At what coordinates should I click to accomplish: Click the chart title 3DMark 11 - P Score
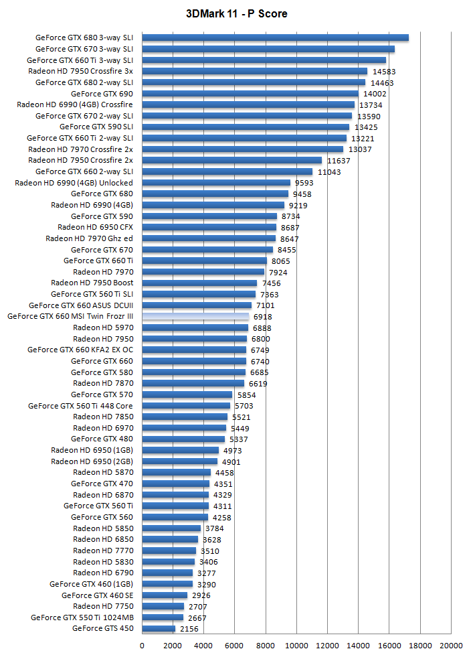(237, 13)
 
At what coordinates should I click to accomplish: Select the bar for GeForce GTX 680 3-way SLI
(275, 38)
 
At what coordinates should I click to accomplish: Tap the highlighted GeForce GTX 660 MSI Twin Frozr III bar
(195, 316)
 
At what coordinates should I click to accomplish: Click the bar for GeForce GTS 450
(159, 628)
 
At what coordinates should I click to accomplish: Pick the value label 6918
(262, 317)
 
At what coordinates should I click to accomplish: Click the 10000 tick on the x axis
(296, 646)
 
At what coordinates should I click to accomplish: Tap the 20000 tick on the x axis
(451, 646)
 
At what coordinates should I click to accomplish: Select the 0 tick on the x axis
(142, 646)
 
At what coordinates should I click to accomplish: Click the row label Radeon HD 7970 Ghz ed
(89, 238)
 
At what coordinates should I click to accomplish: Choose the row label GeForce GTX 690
(102, 94)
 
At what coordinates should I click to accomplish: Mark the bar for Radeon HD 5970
(195, 327)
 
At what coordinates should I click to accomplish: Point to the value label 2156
(189, 629)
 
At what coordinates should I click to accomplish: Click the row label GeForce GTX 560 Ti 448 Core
(80, 406)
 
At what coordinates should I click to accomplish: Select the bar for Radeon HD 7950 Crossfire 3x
(254, 71)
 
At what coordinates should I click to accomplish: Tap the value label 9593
(304, 183)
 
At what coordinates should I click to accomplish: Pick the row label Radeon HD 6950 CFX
(95, 227)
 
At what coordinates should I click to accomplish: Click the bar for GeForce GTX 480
(183, 439)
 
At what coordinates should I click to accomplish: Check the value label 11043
(330, 171)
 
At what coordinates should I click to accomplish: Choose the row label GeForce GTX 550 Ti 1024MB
(82, 617)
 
